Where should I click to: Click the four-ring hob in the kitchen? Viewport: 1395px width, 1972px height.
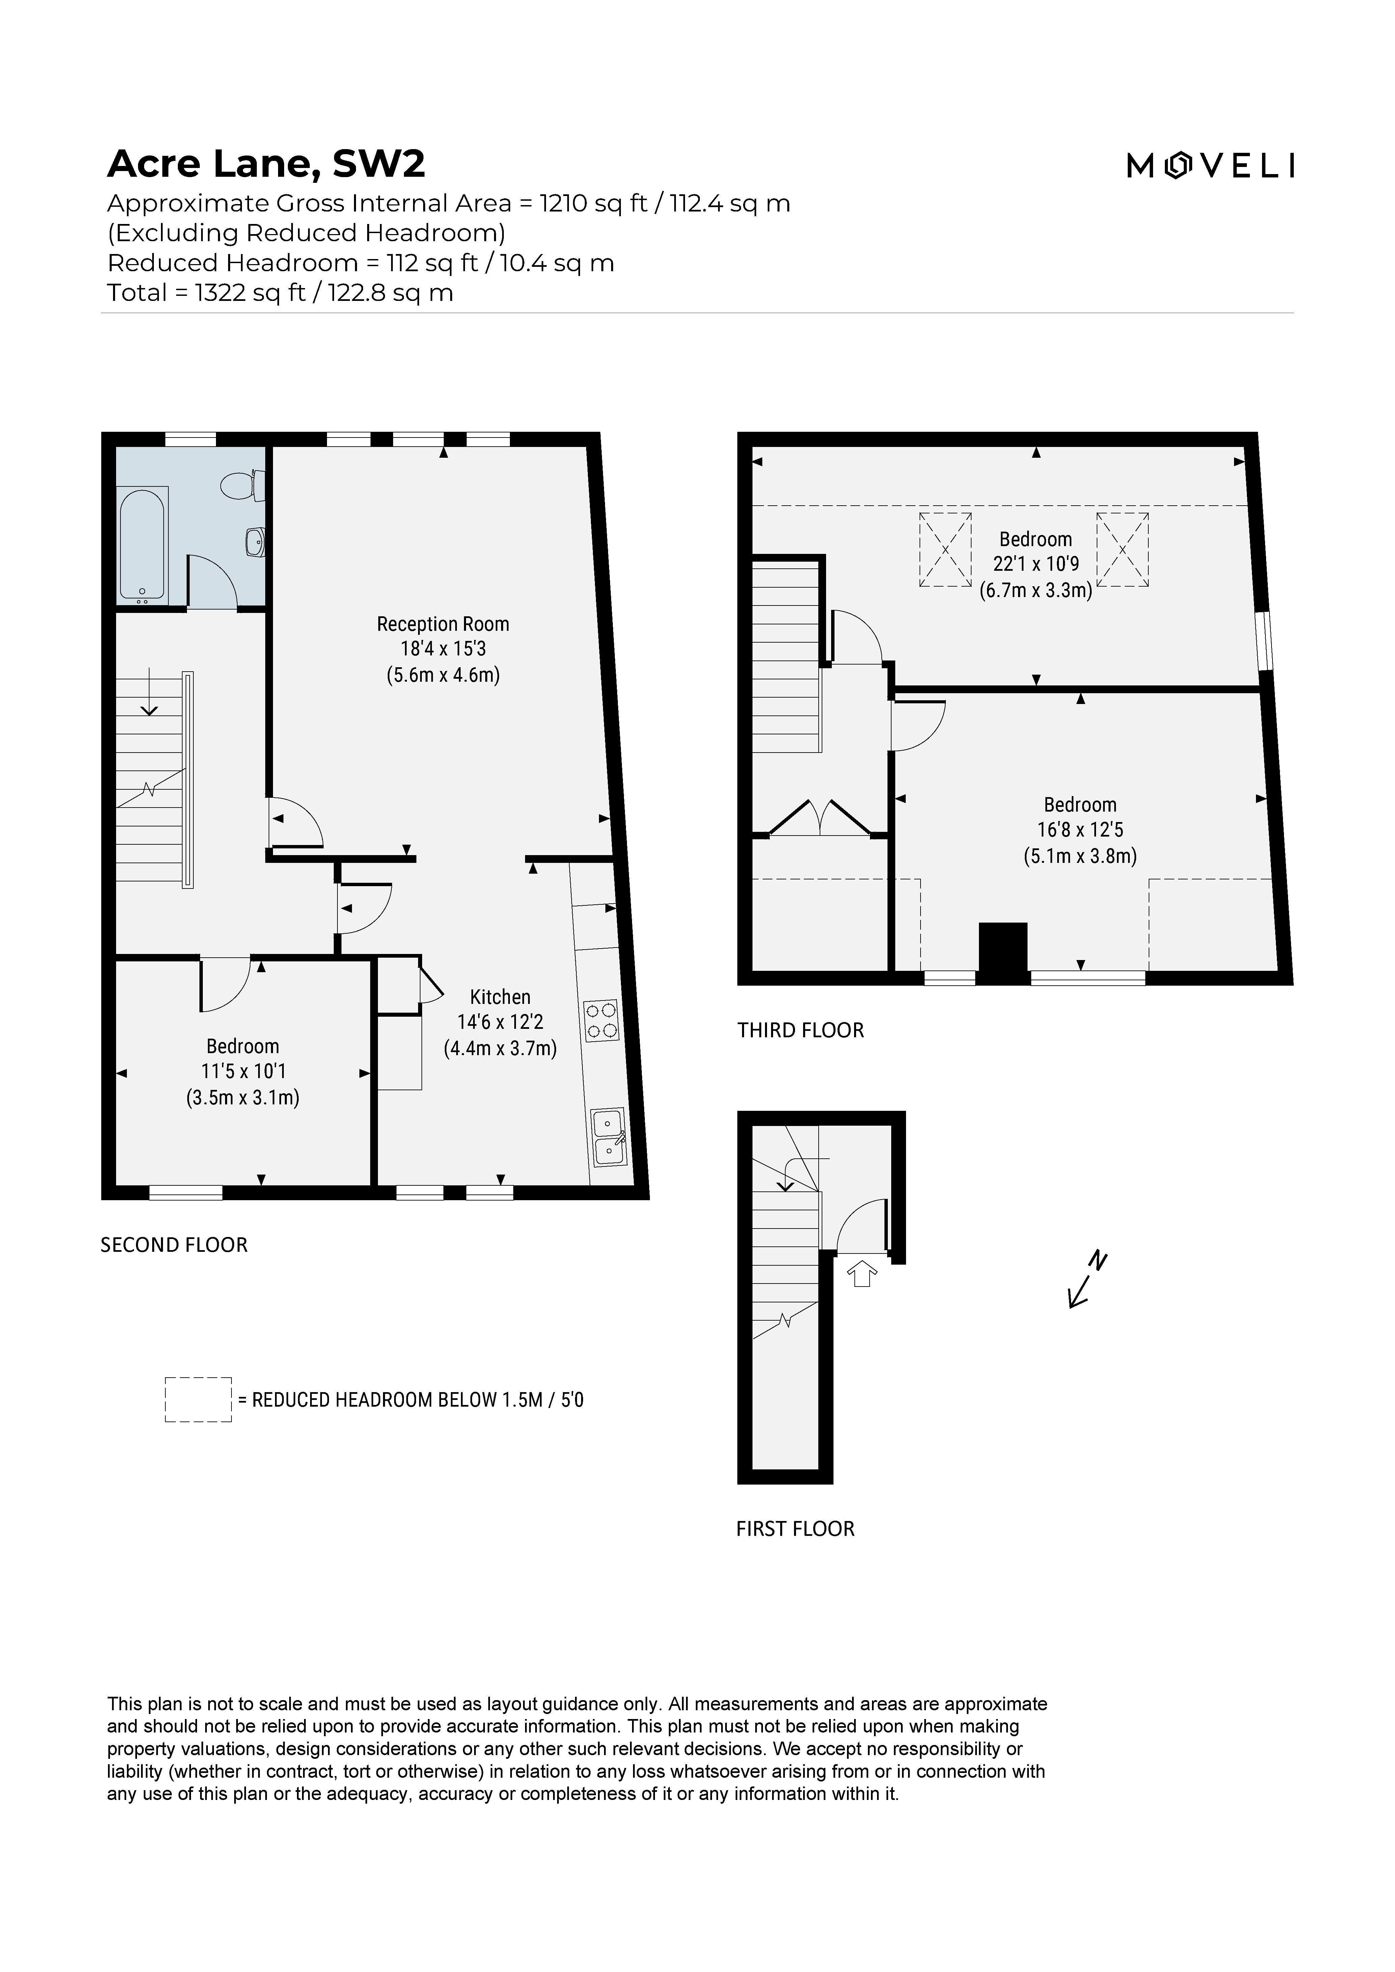[x=600, y=1020]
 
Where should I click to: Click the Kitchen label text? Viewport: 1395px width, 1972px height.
[x=500, y=997]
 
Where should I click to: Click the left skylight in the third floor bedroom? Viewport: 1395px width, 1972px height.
[x=945, y=550]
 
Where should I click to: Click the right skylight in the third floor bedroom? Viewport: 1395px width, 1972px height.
[x=1122, y=550]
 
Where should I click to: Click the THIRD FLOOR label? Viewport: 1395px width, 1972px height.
[x=800, y=1030]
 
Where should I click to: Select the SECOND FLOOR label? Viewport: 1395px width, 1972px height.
[x=173, y=1244]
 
